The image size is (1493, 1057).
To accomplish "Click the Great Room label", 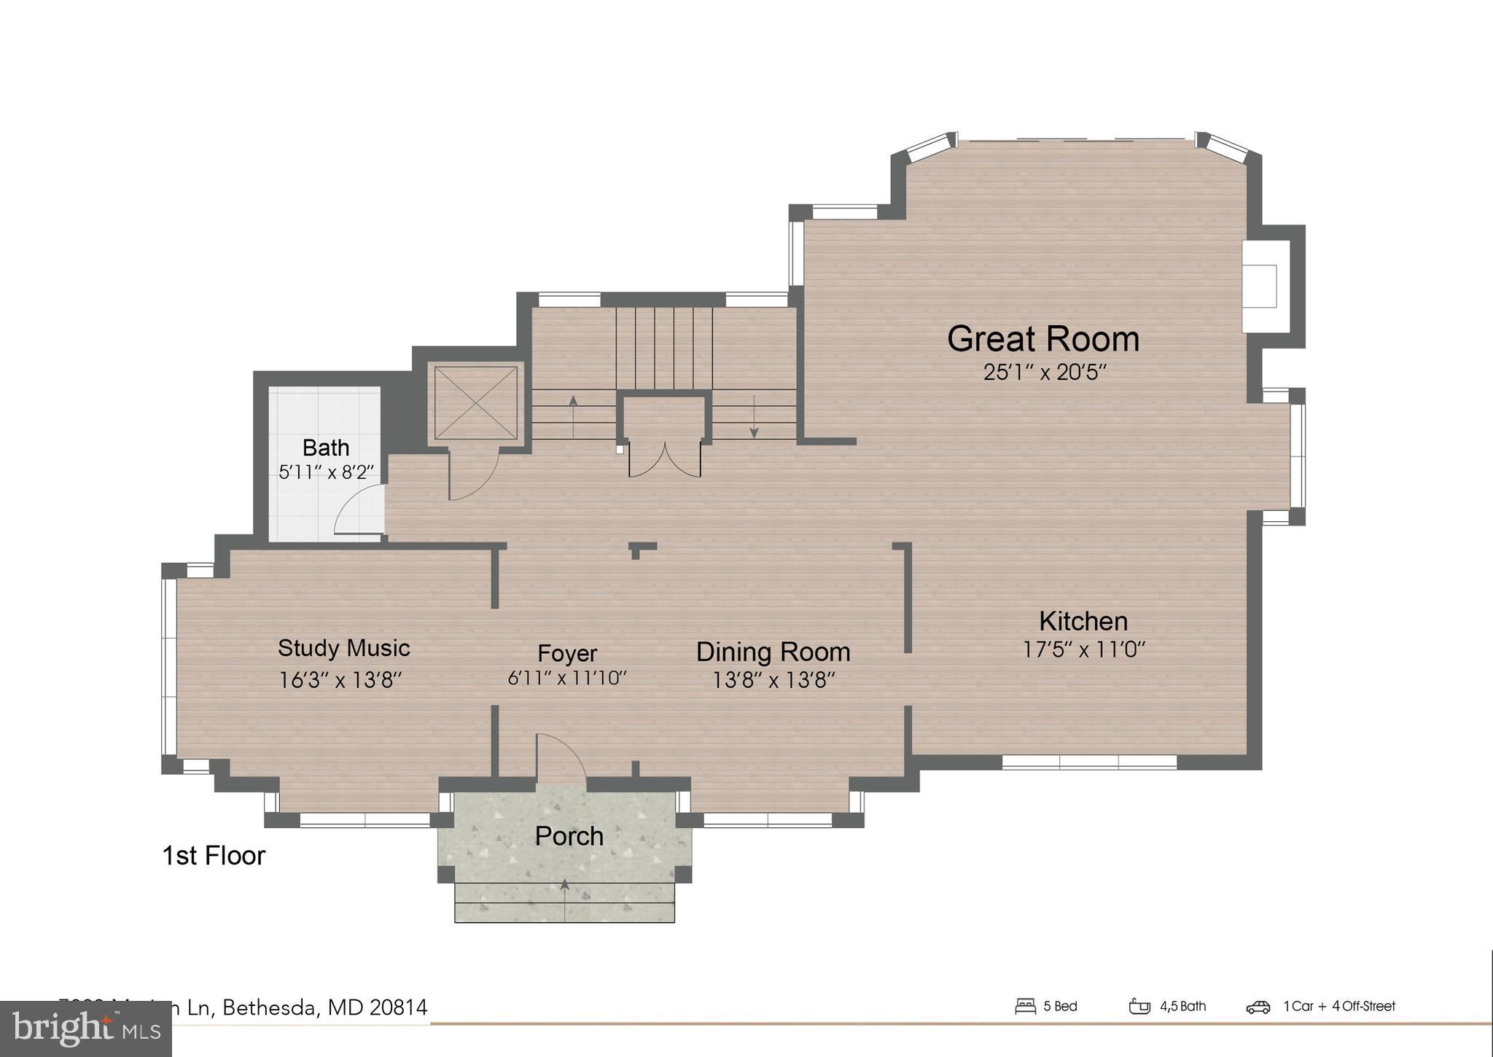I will point(1042,339).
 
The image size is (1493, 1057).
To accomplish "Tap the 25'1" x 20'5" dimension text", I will point(1045,373).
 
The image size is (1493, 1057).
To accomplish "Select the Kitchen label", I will point(1083,621).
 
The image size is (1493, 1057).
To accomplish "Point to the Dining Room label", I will point(773,652).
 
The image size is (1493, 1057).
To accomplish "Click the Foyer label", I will point(567,653).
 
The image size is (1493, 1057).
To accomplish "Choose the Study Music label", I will point(343,648).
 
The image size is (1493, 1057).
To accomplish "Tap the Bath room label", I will point(326,448).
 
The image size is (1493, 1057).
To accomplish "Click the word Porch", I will point(569,836).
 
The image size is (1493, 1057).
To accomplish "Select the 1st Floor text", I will point(214,856).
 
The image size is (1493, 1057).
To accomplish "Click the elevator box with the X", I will point(475,403).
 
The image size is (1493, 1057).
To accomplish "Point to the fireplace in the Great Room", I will point(1261,286).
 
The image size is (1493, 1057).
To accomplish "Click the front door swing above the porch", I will point(560,758).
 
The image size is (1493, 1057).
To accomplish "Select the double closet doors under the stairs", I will point(664,460).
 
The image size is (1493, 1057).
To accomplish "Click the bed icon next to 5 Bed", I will point(1025,1007).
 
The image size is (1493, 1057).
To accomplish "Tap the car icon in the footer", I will point(1258,1007).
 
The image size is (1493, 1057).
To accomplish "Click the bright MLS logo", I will point(86,1029).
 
